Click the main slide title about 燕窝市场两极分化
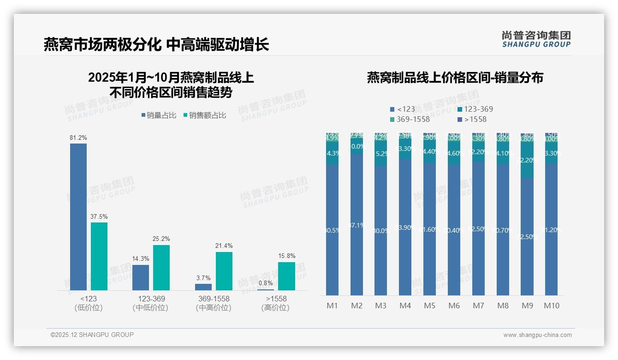tap(156, 45)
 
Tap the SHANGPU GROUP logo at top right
tap(536, 39)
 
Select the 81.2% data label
tap(78, 138)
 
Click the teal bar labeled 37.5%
tap(99, 256)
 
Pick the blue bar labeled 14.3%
tap(141, 277)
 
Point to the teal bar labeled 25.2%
tap(161, 267)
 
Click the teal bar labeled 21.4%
tap(224, 271)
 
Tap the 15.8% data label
tap(286, 256)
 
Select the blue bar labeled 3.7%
tap(203, 287)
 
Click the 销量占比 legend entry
tap(159, 115)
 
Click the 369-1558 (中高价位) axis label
tap(213, 303)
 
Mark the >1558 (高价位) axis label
tap(276, 303)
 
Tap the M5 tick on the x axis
tap(429, 306)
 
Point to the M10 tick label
tap(551, 306)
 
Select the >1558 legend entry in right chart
tap(472, 120)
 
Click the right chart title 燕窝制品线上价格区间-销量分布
tap(455, 78)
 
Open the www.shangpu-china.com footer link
tap(537, 335)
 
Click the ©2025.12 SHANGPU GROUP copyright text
tap(92, 335)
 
